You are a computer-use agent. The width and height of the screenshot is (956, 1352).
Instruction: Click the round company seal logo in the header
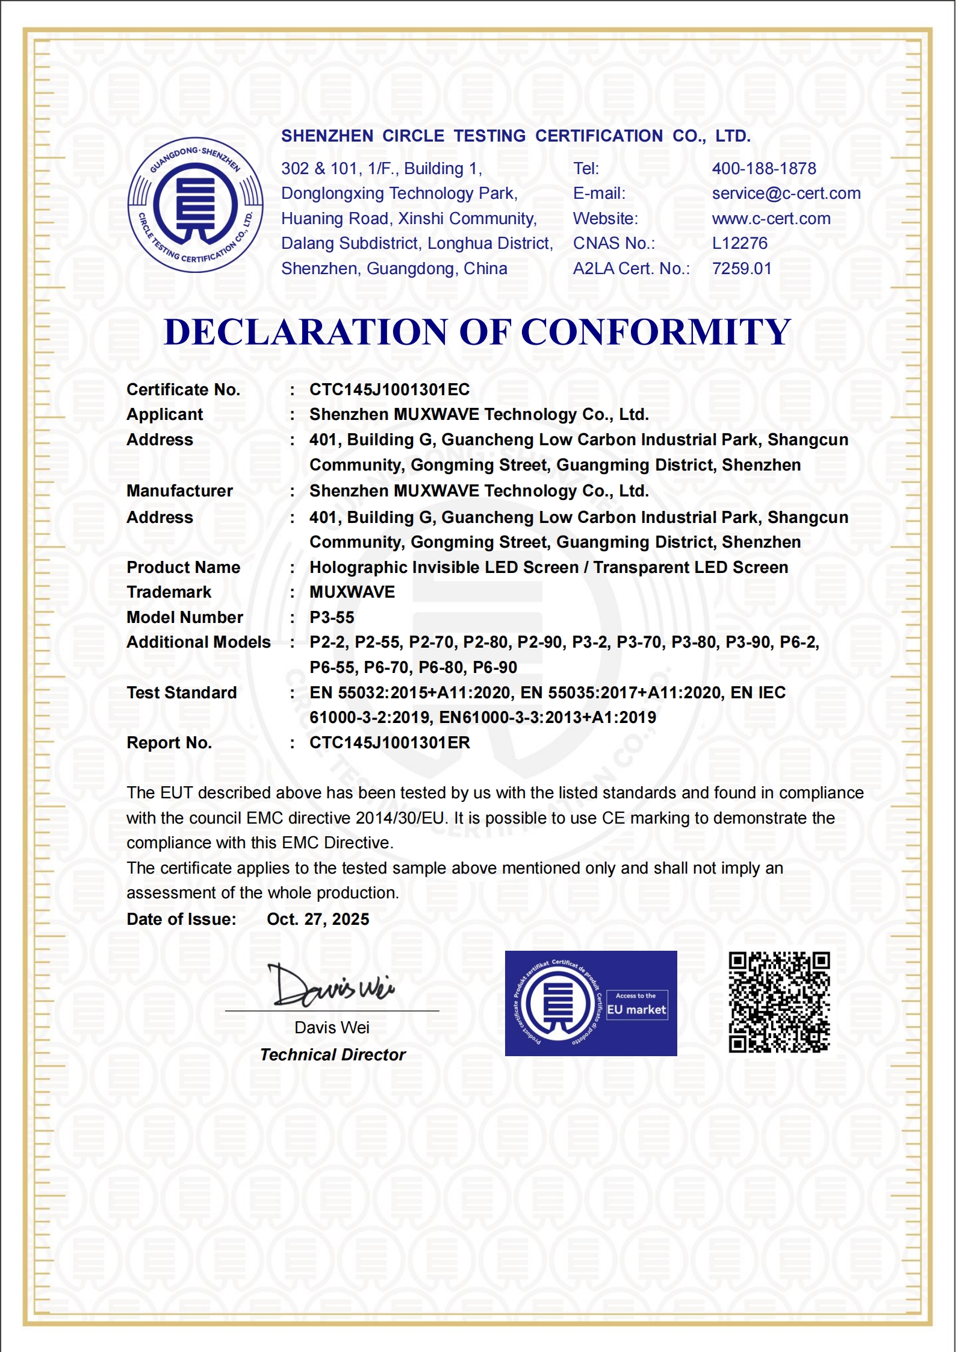tap(195, 205)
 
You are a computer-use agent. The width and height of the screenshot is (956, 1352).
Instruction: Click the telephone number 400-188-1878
tap(763, 168)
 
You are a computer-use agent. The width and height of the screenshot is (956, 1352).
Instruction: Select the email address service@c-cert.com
tap(786, 193)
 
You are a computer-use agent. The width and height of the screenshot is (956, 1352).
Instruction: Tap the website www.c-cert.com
tap(771, 219)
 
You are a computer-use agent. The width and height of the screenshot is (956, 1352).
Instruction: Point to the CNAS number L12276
tap(739, 243)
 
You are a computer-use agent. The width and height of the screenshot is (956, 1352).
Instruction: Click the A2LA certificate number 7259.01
tap(741, 269)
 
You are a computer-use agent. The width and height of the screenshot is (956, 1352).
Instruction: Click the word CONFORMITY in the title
tap(655, 332)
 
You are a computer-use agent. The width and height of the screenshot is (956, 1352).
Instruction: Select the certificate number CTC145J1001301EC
tap(389, 390)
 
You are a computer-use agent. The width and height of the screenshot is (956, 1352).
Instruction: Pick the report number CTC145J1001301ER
tap(389, 743)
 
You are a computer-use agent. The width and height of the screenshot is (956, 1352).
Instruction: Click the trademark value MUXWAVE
tap(352, 592)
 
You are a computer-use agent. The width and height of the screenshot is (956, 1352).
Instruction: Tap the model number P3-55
tap(332, 618)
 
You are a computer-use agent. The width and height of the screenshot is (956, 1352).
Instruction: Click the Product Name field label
tap(183, 568)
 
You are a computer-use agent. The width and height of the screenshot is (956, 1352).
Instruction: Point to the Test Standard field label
tap(181, 693)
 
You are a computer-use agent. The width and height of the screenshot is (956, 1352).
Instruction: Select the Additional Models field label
tap(198, 642)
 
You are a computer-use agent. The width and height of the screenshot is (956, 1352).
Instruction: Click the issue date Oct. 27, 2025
tap(318, 919)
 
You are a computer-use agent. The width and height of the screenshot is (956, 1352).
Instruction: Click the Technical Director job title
tap(332, 1055)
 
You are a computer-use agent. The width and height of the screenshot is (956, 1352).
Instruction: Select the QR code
tap(779, 1003)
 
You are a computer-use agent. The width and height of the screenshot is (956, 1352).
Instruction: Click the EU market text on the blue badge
tap(636, 1010)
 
